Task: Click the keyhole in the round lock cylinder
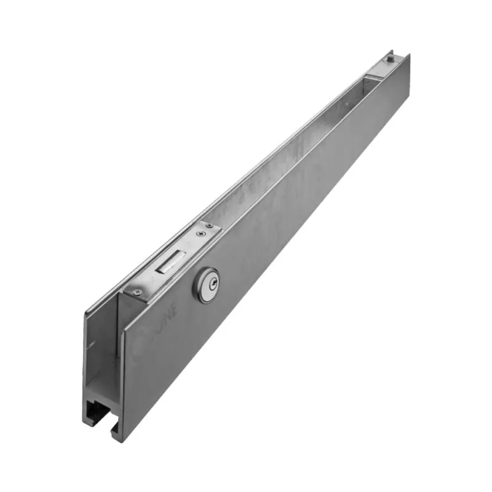(x=208, y=284)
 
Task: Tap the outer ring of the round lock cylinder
(x=200, y=292)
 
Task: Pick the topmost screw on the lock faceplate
(x=210, y=226)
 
